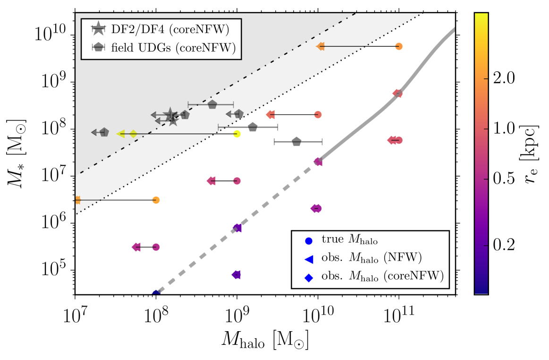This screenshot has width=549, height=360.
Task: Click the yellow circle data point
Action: pos(237,134)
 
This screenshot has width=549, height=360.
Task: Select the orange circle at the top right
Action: pos(399,46)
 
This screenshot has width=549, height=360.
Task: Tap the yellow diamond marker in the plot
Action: pos(133,134)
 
